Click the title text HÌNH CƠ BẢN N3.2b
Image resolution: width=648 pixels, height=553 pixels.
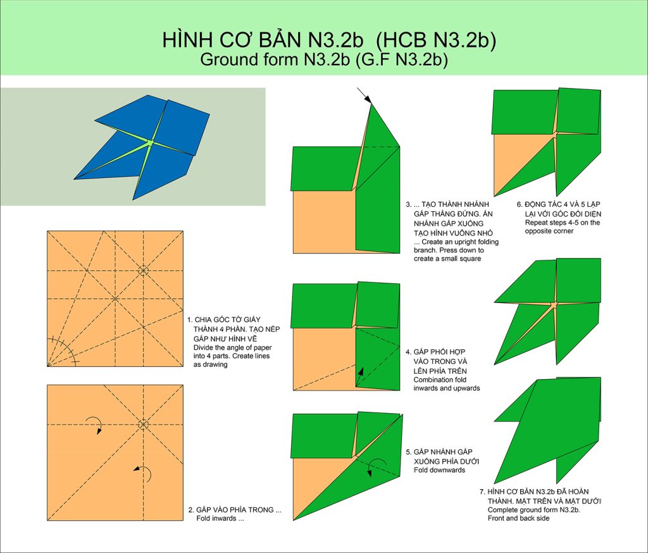coord(263,40)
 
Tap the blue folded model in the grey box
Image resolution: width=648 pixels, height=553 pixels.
coord(142,147)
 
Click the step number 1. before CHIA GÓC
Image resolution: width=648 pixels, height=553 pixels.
coord(190,320)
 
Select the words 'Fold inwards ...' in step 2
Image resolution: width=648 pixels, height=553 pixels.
coord(220,519)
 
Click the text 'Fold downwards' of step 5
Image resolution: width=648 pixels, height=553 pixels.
coord(439,470)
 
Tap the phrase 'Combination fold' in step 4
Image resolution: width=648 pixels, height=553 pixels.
coord(440,380)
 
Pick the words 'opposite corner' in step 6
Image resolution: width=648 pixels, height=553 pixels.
coord(549,231)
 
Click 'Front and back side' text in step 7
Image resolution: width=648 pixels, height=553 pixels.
coord(519,518)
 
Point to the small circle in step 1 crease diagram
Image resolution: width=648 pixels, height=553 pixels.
coord(143,271)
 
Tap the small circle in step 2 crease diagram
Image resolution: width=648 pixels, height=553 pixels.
coord(143,425)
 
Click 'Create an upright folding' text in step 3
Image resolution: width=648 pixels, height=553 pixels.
coord(456,242)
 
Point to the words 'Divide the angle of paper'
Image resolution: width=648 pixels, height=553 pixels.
coord(233,347)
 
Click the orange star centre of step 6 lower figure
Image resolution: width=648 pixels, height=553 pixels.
coord(554,304)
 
